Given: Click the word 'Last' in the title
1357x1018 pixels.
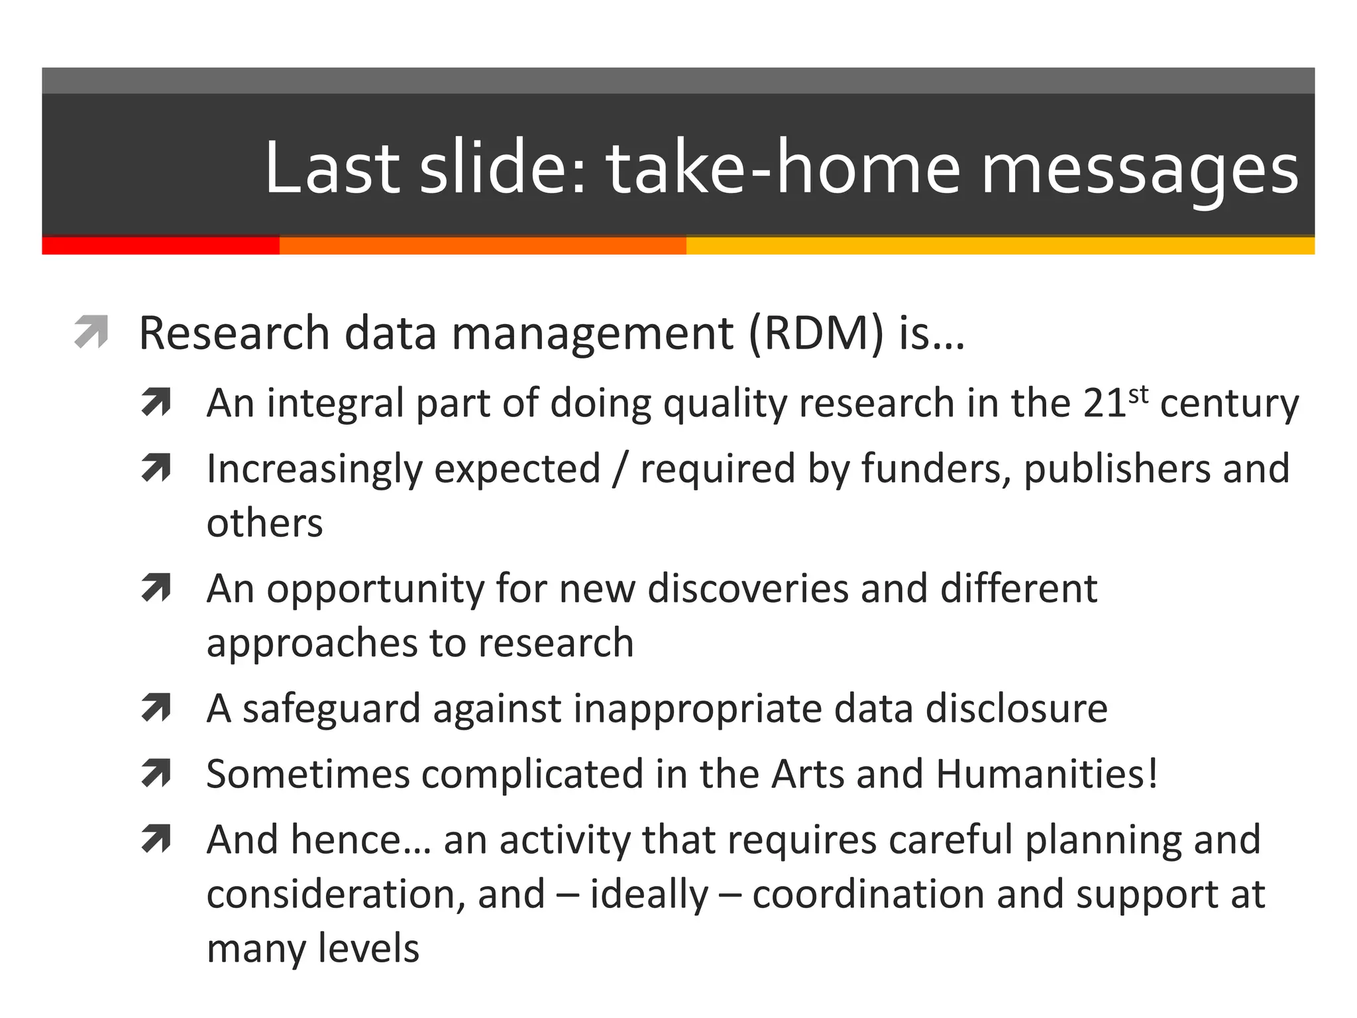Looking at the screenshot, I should pos(331,167).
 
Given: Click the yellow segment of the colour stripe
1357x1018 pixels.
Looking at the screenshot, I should pos(1000,245).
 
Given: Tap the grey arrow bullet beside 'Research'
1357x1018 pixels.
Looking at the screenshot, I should pos(91,331).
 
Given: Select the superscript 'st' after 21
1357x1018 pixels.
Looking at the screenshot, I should pos(1138,394).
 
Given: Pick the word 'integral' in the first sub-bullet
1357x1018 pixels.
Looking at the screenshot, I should pos(335,404).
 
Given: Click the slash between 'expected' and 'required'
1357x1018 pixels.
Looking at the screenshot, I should pos(620,469).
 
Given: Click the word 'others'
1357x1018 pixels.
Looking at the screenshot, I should pos(264,523).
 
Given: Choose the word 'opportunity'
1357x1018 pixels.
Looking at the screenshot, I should pos(375,590).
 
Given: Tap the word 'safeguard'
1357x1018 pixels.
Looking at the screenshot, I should pos(331,709).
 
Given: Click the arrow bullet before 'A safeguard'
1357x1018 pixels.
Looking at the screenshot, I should pos(156,708).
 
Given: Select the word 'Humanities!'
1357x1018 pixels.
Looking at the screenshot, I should pos(1047,773).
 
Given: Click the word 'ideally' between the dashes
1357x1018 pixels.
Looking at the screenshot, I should pos(649,895).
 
